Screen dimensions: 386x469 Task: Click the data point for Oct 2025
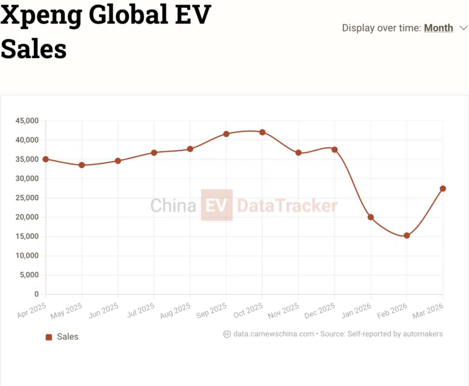263,132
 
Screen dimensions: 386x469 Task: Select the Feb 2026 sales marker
407,235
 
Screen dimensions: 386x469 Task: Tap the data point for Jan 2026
371,217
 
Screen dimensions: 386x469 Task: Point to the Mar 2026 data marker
443,189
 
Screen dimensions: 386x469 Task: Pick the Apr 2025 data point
46,159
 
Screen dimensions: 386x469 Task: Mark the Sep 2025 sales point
226,134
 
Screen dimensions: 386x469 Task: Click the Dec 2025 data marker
335,150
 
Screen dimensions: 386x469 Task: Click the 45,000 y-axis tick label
26,121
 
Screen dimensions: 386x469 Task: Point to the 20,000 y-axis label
26,217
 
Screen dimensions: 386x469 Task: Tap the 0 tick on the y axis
36,294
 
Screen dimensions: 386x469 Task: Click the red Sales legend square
49,337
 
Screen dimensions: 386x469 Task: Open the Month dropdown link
439,28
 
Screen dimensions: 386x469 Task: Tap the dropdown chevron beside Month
463,28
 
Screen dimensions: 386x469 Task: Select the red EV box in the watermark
216,205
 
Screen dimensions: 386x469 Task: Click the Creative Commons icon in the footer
227,334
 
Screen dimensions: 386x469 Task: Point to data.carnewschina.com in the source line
273,334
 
